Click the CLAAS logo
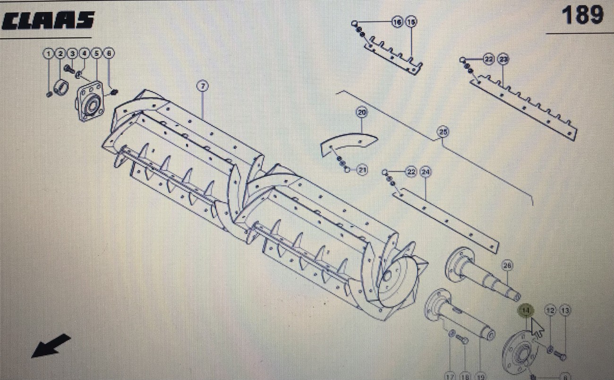pos(48,20)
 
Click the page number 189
pos(582,15)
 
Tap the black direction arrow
pos(51,345)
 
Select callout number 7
pos(202,86)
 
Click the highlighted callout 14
pos(525,311)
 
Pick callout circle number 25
pos(443,132)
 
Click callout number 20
pos(361,112)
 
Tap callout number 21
pos(362,169)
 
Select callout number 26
pos(507,266)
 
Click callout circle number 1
pos(49,53)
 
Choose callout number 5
pos(96,53)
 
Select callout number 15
pos(411,22)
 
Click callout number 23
pos(503,60)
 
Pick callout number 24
pos(426,172)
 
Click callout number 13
pos(565,311)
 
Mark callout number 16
pos(397,22)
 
